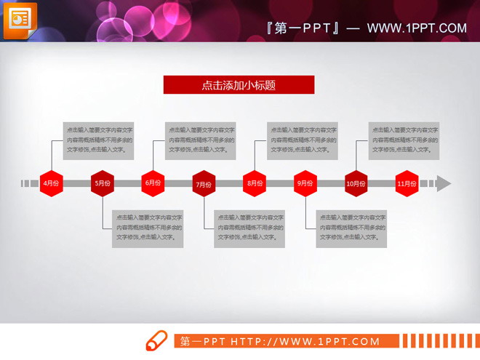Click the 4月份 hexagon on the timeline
(50, 183)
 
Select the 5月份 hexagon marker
(102, 183)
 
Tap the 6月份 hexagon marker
(153, 183)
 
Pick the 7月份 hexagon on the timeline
(204, 183)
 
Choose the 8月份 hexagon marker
(255, 183)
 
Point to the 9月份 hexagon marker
(305, 183)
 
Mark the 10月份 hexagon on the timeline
(356, 183)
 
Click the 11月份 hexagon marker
(407, 183)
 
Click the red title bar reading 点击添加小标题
(239, 85)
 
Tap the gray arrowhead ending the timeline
(444, 183)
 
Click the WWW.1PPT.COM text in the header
(417, 28)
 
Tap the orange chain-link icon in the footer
(158, 341)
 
